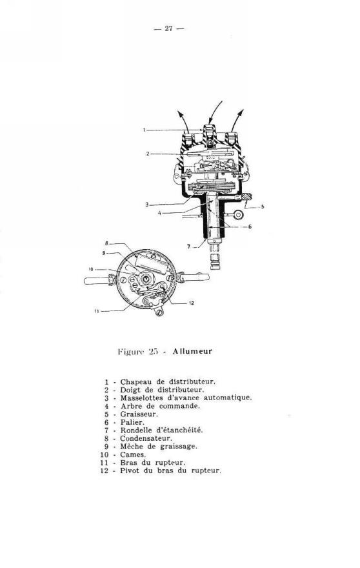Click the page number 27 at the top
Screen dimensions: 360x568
coord(168,28)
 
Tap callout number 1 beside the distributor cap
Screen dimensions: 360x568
coord(144,130)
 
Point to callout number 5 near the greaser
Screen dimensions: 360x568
coord(262,207)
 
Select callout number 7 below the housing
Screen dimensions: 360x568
coord(188,247)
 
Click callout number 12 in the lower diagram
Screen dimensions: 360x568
coord(191,303)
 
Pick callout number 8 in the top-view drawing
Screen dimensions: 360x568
coord(106,243)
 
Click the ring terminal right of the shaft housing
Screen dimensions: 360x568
coord(238,215)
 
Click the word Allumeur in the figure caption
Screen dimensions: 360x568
coord(192,351)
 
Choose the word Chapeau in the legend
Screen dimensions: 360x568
coord(132,382)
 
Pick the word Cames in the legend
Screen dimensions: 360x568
coord(133,454)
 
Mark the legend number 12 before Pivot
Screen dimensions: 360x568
coord(105,471)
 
